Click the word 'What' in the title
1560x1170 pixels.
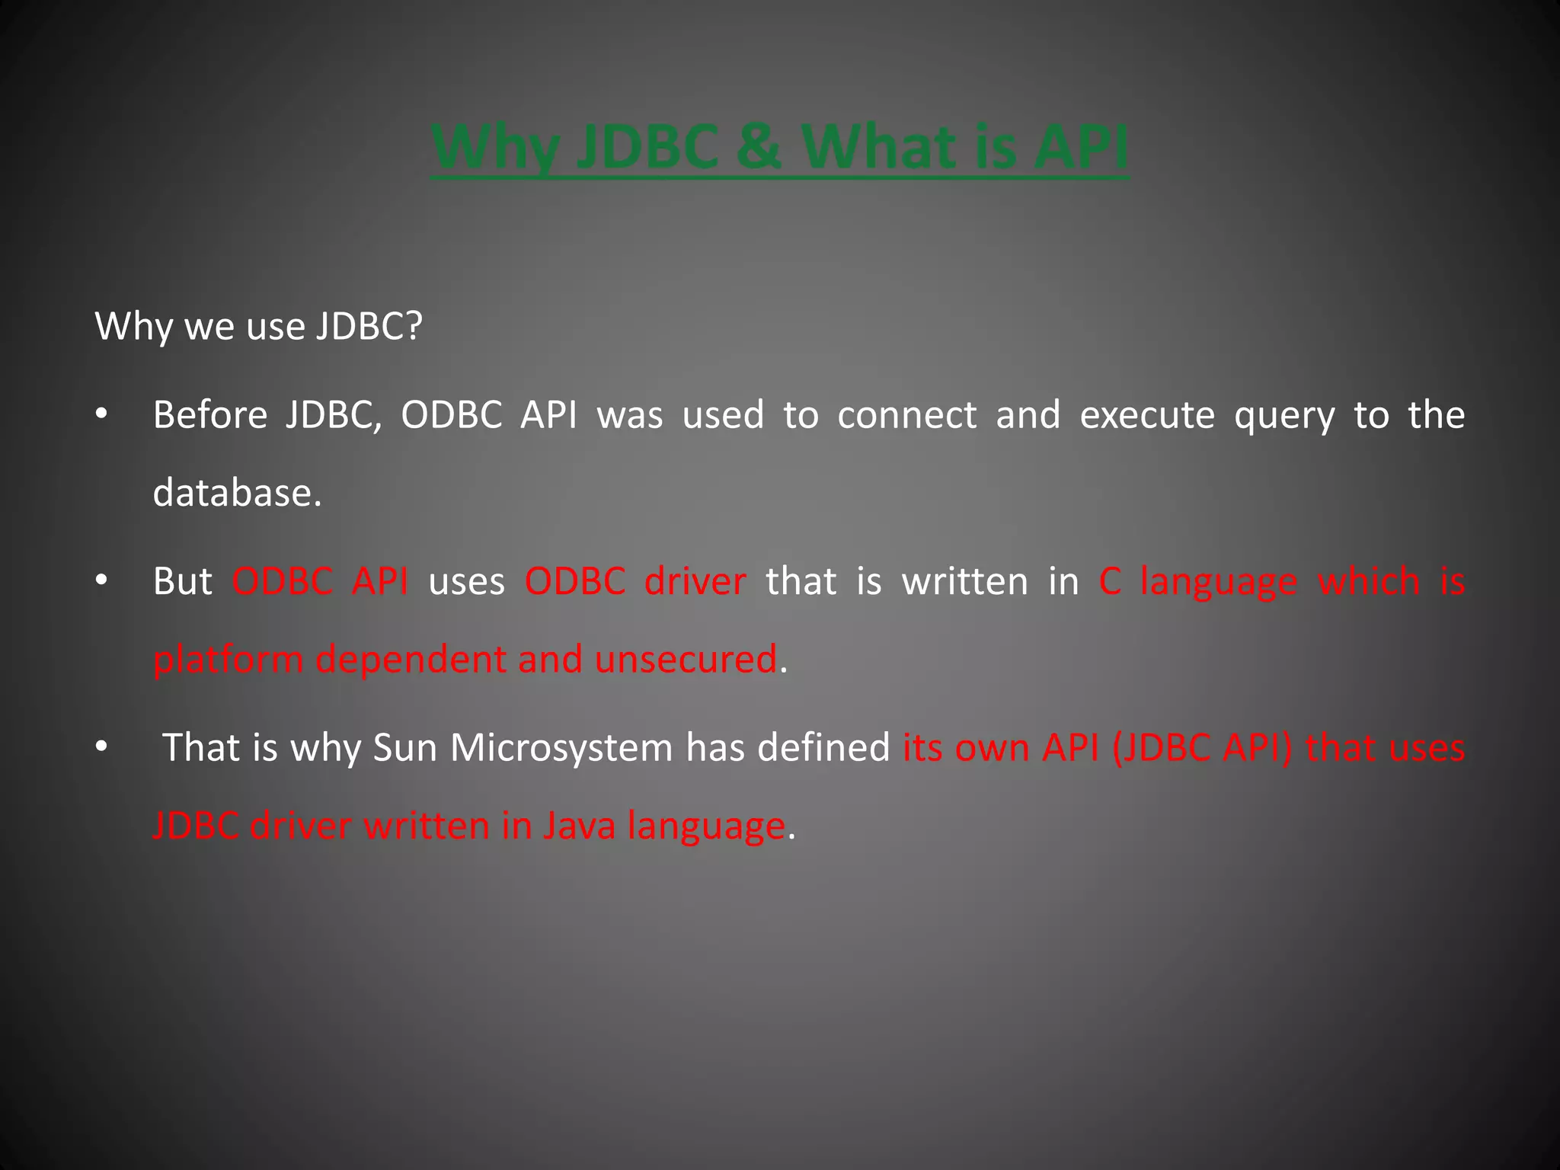click(x=880, y=146)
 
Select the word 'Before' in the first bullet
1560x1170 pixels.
click(x=209, y=415)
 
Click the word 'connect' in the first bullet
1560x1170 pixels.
click(x=906, y=415)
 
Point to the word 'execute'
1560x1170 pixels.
click(x=1147, y=415)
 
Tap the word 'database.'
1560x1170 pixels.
click(x=237, y=493)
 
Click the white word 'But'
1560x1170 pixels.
click(x=182, y=581)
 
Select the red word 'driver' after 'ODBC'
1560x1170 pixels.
click(x=695, y=581)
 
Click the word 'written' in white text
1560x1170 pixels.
click(x=965, y=581)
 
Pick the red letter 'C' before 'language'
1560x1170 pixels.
click(x=1109, y=581)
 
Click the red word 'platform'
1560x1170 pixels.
click(x=228, y=660)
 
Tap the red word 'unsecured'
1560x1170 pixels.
click(x=686, y=660)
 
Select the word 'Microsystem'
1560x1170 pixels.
click(x=561, y=747)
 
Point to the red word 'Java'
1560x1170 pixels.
click(x=579, y=826)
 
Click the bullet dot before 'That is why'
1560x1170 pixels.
click(x=101, y=747)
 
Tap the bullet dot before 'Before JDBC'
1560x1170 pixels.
click(x=101, y=415)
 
